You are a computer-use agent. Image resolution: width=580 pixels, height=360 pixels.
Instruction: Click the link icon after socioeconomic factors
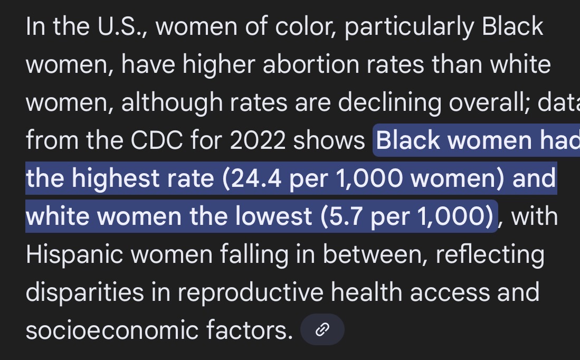point(322,330)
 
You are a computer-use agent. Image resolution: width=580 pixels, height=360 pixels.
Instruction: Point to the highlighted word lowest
point(274,216)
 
